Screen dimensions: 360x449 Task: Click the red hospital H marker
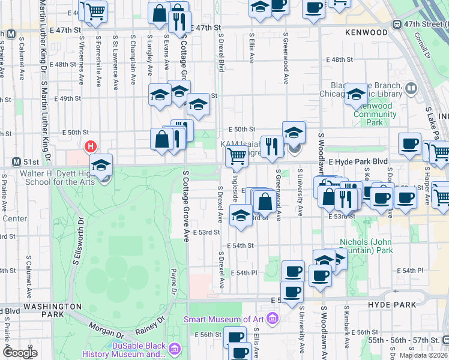point(91,146)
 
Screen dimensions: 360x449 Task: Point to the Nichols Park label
point(366,246)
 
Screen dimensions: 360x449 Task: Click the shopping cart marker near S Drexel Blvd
point(237,157)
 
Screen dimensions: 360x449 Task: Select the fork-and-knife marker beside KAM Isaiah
point(272,146)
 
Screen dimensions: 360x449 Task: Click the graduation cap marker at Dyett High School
point(101,165)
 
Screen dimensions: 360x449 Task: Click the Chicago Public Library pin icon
point(411,89)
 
